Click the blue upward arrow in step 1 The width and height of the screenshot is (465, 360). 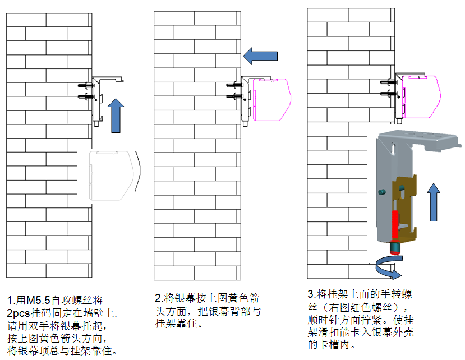coord(116,115)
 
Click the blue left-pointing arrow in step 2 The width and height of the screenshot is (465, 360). coord(260,56)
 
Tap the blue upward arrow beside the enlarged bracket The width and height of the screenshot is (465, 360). coord(434,204)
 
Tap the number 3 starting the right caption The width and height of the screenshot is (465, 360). coord(311,295)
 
